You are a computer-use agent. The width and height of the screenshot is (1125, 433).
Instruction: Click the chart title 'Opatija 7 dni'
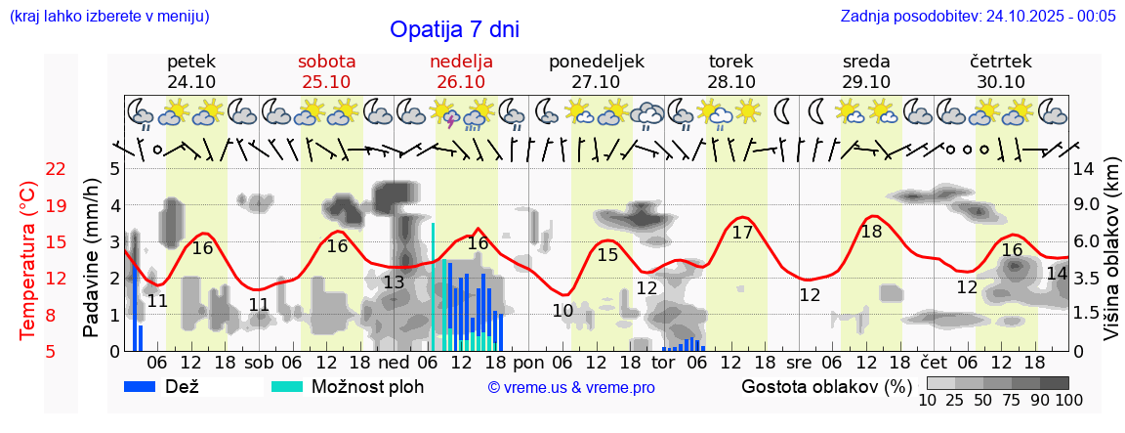[454, 29]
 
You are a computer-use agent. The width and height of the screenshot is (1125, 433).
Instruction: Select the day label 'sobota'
[326, 62]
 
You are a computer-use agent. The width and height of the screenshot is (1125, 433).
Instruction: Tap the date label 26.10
[461, 82]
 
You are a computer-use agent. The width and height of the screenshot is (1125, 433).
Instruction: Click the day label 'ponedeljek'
[597, 62]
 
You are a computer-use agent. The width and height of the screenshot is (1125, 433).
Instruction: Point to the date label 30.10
[1001, 82]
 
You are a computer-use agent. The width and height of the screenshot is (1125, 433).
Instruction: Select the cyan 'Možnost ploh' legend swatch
[287, 386]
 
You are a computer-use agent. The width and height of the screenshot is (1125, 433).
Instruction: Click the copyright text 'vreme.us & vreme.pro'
[571, 388]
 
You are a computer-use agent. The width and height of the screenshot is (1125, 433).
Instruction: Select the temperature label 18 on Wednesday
[871, 232]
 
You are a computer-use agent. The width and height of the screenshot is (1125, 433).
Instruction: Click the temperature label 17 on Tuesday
[742, 233]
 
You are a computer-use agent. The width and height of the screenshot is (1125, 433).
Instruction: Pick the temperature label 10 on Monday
[562, 311]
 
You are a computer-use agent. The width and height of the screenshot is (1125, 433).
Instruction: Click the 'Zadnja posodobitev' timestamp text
[978, 16]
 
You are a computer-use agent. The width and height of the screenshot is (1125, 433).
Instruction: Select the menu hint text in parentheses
[108, 16]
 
